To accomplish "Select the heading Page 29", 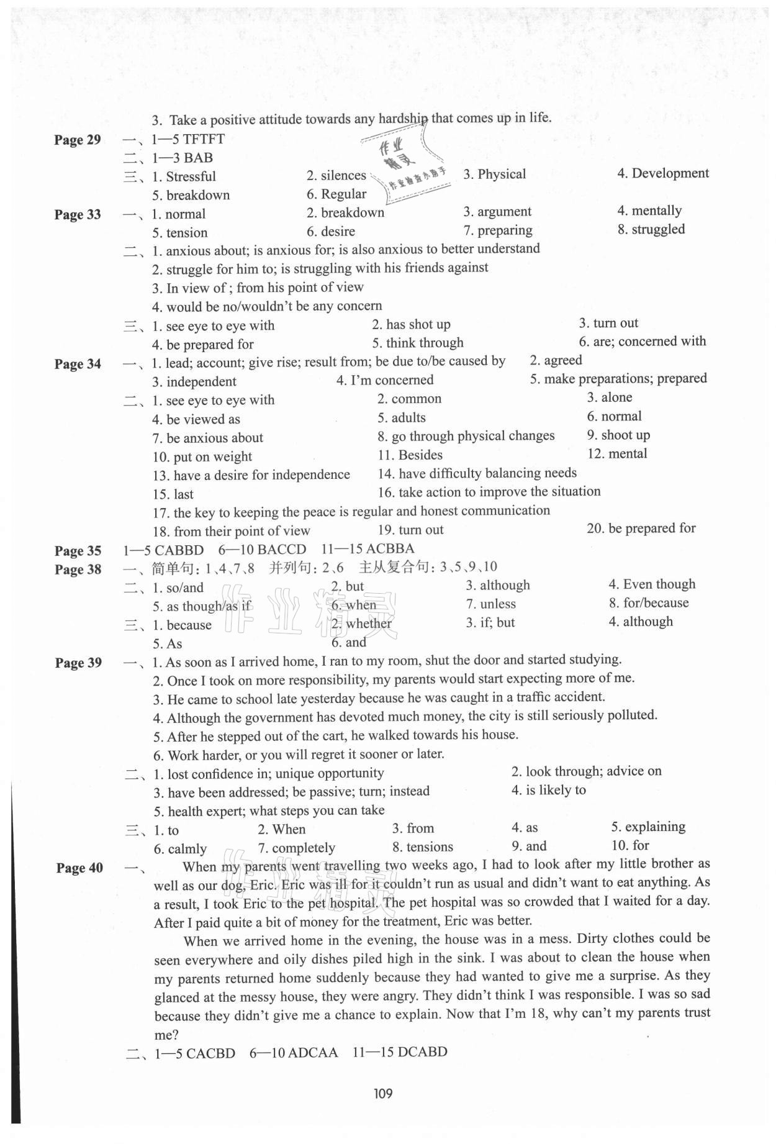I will (78, 140).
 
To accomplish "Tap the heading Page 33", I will (78, 215).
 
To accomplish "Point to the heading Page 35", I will (78, 551).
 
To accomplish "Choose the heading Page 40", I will (79, 868).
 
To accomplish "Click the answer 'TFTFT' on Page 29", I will (204, 139).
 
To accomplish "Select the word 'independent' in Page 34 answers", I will (201, 381).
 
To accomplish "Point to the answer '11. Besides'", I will (410, 455).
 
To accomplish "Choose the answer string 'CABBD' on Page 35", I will (179, 550).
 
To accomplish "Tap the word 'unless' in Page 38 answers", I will (498, 604).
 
